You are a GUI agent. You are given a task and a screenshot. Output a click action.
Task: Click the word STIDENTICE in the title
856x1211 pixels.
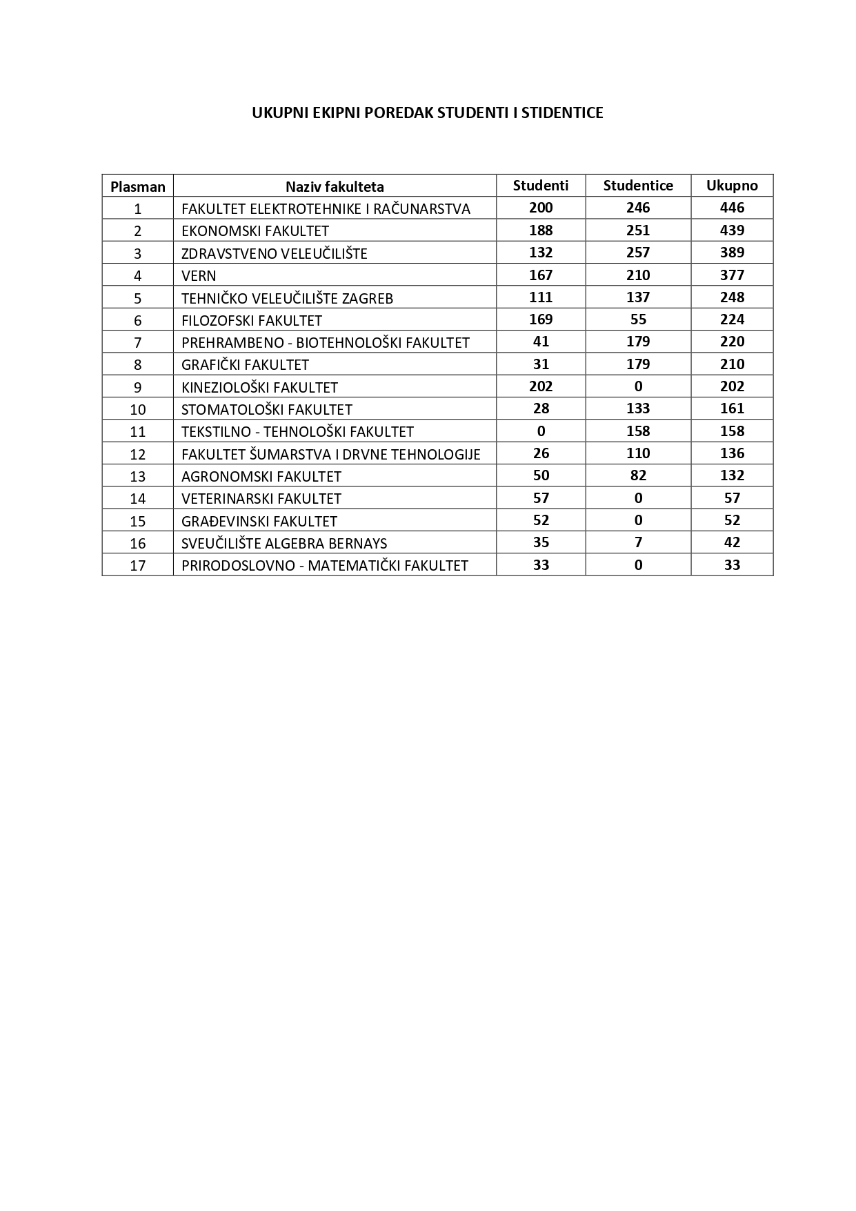[x=562, y=113]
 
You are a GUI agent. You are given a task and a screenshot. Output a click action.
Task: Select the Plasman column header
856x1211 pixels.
[x=138, y=186]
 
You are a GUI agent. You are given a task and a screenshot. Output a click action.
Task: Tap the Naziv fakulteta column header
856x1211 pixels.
[x=335, y=186]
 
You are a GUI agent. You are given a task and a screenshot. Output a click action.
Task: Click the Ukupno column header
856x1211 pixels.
[x=732, y=186]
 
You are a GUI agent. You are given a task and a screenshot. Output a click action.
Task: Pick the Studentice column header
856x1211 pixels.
[x=638, y=186]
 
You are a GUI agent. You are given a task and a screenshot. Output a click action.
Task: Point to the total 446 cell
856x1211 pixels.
[x=732, y=208]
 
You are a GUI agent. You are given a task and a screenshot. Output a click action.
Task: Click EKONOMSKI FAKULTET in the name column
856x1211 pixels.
[x=255, y=231]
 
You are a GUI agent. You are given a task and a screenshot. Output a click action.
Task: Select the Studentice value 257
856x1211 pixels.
[x=638, y=253]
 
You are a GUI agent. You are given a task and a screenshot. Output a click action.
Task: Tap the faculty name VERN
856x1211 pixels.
[x=199, y=276]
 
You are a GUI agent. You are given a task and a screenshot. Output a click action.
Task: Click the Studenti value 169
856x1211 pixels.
[x=541, y=319]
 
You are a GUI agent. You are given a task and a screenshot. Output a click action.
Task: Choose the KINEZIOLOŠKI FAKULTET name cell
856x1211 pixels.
[x=259, y=387]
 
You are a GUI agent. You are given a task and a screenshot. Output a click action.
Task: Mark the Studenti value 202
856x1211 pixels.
[x=541, y=386]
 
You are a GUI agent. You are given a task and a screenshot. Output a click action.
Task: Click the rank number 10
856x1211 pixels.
[x=138, y=410]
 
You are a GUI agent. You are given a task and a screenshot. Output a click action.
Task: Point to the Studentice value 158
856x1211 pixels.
[x=638, y=431]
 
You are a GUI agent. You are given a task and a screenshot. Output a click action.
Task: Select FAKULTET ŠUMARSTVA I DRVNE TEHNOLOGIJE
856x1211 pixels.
[x=331, y=454]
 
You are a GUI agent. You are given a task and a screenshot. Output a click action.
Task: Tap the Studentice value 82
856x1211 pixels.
[x=638, y=475]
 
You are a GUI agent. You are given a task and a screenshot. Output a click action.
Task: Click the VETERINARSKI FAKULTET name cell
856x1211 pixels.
[x=261, y=498]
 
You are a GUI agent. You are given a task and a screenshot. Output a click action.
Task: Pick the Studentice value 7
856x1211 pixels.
[x=638, y=542]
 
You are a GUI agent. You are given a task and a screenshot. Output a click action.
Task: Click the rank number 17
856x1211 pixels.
[x=138, y=566]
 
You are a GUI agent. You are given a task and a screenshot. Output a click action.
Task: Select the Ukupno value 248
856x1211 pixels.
[x=732, y=297]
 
